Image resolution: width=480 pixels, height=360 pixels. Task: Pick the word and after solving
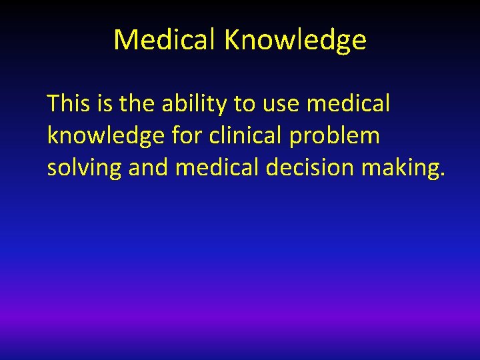tap(149, 168)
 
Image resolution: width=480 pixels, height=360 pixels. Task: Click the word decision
tap(310, 168)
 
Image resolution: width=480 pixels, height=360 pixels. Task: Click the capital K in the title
tap(233, 40)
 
